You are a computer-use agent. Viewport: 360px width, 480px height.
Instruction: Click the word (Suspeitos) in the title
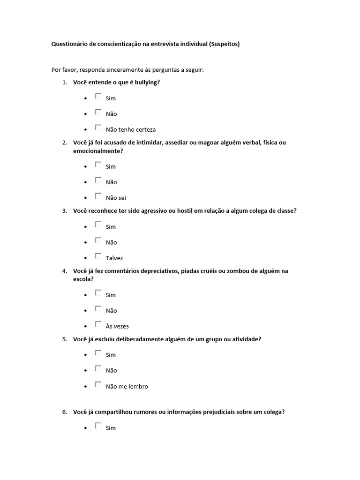coord(224,45)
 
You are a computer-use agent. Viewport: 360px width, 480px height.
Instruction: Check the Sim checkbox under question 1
coord(98,96)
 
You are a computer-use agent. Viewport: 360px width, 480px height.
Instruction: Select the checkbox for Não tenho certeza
coord(98,127)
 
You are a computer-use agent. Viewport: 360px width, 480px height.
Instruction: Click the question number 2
coord(64,142)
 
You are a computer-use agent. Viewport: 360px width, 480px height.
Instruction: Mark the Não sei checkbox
coord(98,195)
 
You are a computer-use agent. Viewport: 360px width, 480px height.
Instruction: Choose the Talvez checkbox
coord(98,255)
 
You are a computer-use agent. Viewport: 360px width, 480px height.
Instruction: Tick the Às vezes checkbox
coord(98,324)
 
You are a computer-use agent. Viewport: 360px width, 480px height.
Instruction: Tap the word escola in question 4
coord(82,279)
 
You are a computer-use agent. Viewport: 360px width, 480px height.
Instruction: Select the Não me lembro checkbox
coord(98,384)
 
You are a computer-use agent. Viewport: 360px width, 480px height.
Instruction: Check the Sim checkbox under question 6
coord(98,426)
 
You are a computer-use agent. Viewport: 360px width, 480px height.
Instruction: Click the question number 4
coord(64,271)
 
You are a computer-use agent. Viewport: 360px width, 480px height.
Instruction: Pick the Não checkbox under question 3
coord(98,240)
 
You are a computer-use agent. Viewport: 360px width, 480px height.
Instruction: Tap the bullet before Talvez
coord(86,258)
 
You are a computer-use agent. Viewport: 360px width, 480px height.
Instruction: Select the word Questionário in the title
coord(70,45)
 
